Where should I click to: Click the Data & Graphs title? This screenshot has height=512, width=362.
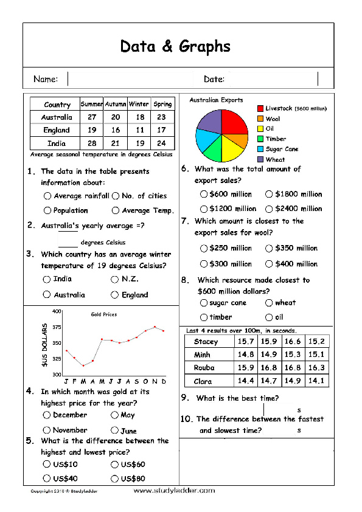pos(175,46)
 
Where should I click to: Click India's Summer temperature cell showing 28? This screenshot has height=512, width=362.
pos(92,143)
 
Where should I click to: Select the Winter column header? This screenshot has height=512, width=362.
pos(139,104)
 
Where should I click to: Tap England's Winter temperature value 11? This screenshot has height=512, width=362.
pos(139,130)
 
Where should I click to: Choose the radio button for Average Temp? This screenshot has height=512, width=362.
pos(116,211)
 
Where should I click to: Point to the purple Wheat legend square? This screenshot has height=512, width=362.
pos(260,160)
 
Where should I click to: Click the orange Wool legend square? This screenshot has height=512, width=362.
pos(260,119)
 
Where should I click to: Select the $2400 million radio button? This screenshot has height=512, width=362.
pos(269,209)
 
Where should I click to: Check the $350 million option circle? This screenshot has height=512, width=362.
pos(269,249)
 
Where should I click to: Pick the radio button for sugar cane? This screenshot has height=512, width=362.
pos(203,303)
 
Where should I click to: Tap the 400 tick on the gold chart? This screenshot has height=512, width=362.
pos(57,311)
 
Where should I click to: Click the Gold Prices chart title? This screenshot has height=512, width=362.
pos(103,314)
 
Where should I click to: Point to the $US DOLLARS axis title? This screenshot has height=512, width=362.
pos(44,345)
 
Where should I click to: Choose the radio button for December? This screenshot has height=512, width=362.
pos(47,415)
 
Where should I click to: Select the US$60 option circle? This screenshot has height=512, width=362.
pos(114,465)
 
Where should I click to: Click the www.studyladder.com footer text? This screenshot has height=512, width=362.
pos(174,491)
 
